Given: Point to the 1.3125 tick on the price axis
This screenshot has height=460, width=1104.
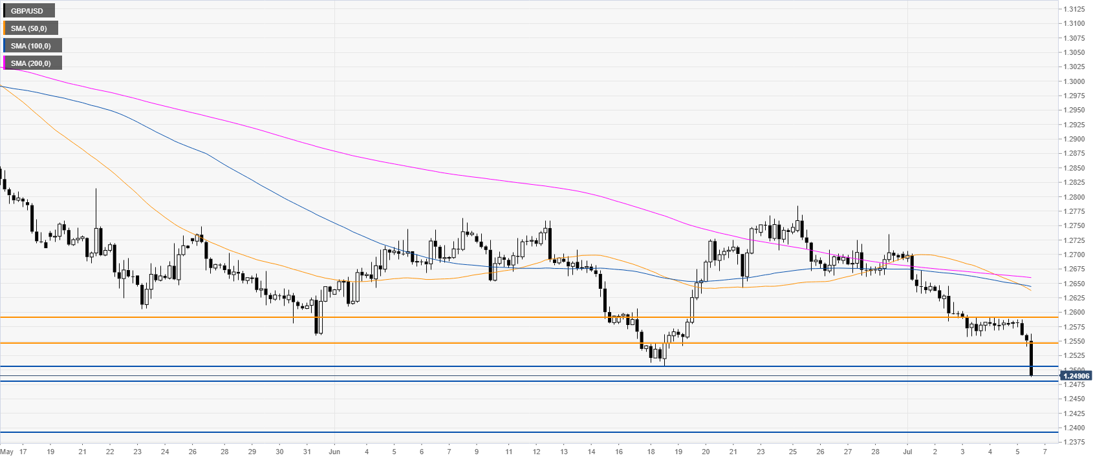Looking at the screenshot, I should [x=1075, y=9].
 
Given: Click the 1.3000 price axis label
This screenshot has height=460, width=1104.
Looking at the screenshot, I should [x=1075, y=81].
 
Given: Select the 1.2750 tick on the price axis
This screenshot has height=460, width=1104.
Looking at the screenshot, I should [x=1075, y=226].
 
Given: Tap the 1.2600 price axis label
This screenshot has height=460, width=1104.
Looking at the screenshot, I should [x=1075, y=313].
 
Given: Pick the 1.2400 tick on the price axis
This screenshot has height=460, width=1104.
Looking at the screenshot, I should [x=1075, y=428].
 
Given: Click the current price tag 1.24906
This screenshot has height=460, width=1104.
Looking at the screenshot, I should [x=1076, y=375].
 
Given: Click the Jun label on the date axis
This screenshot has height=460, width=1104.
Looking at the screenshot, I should [x=334, y=452].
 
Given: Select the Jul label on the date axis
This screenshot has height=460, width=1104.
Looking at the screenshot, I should [x=907, y=452].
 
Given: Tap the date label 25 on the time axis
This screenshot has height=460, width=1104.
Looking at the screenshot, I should [x=792, y=452].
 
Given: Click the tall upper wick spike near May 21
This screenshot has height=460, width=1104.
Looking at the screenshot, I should [x=96, y=204].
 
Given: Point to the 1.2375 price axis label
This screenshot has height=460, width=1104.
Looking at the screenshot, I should [x=1075, y=443].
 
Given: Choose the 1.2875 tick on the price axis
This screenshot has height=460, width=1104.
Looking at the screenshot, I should [x=1075, y=154].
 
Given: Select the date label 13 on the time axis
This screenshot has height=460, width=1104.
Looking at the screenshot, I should [x=564, y=452].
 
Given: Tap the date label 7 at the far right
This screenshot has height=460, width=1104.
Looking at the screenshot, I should [x=1045, y=452].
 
